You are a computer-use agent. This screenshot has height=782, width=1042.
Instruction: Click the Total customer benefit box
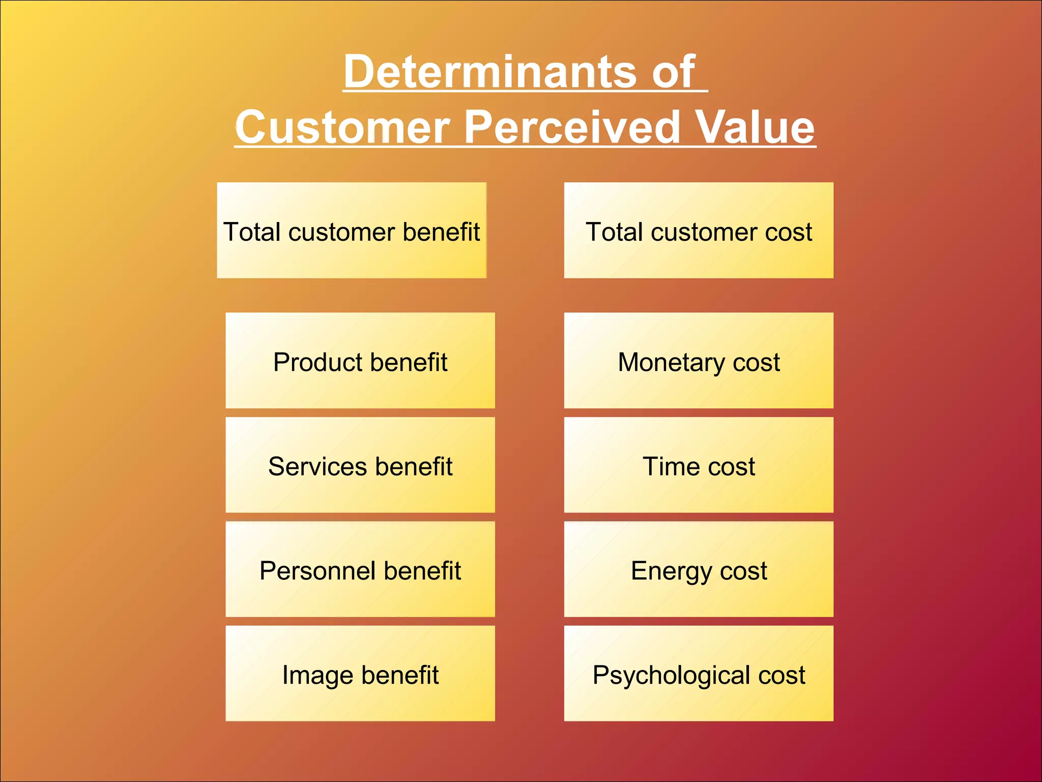352,230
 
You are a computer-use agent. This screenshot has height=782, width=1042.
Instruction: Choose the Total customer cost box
699,230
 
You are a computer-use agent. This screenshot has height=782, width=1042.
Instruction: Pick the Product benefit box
360,360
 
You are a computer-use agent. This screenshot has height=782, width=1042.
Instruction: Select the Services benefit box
360,465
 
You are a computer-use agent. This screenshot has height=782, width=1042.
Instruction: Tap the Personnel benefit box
360,569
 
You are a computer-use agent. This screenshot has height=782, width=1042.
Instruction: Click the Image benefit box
360,674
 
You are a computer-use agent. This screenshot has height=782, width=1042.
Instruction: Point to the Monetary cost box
699,360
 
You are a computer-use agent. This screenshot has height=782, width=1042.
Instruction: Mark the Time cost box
699,465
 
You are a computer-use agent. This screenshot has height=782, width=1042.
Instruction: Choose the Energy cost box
699,569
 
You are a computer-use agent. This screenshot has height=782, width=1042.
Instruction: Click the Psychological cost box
699,674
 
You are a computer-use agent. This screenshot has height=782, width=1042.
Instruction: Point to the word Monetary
671,363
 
